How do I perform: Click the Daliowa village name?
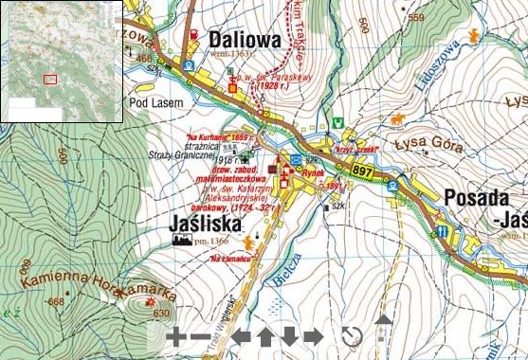coord(238,41)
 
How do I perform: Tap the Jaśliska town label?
coord(209,225)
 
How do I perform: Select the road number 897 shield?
coord(362,169)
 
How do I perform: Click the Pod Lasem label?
coord(151,99)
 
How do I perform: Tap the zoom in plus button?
coord(175,336)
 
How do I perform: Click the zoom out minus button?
coord(200,336)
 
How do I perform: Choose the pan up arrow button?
coord(265,336)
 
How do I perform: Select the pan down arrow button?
coord(289,336)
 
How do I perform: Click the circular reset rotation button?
coord(352,336)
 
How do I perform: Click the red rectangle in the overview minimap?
coord(50,79)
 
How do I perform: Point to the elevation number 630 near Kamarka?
coord(160,314)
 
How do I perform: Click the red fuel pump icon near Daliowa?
coord(195,36)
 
